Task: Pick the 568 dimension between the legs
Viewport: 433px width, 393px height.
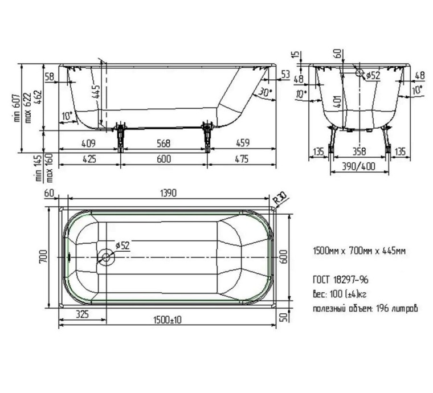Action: click(164, 143)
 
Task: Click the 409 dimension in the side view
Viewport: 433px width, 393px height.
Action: click(88, 143)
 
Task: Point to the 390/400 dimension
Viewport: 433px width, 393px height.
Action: click(358, 167)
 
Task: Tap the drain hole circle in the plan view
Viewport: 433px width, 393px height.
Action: click(106, 257)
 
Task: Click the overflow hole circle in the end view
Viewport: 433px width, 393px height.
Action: click(359, 73)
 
